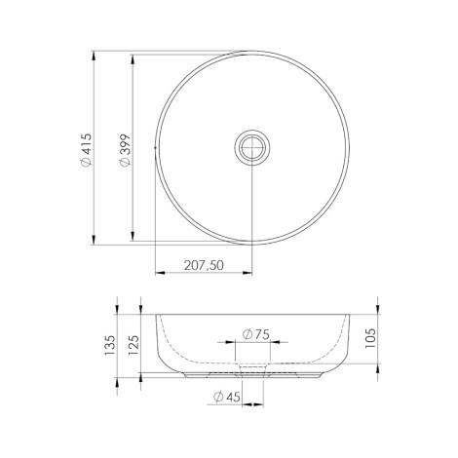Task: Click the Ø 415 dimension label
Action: tap(87, 150)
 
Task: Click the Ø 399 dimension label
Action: tap(125, 150)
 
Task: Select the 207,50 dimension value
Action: tap(204, 265)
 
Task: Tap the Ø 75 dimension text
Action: tap(256, 334)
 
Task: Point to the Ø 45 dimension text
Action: tap(227, 397)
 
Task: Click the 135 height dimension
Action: tap(111, 345)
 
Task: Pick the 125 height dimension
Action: tap(134, 345)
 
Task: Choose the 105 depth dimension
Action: tap(370, 338)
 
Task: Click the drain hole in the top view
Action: tap(252, 147)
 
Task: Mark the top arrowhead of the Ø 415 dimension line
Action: tap(94, 56)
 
